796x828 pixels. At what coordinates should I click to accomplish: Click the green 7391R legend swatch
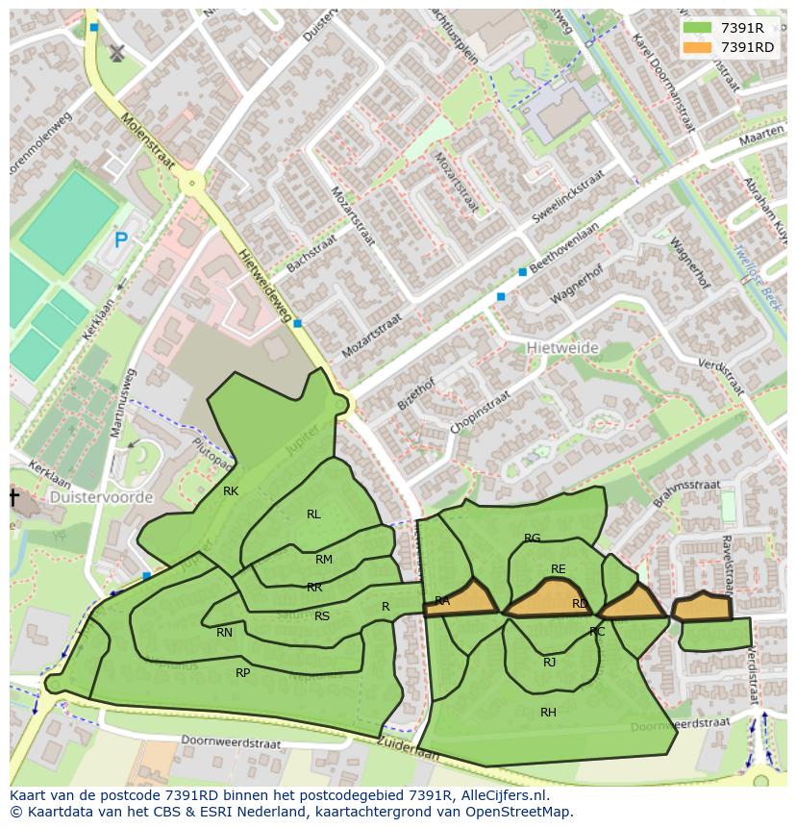tap(698, 28)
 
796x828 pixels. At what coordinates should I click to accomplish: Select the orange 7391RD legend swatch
tap(698, 46)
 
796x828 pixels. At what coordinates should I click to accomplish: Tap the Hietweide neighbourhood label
tap(562, 347)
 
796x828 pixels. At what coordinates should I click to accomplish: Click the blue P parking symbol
tap(120, 240)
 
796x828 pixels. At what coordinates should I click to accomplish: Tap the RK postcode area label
tap(231, 491)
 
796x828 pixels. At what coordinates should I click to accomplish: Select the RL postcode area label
tap(313, 514)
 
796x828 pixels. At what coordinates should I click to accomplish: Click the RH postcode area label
tap(548, 713)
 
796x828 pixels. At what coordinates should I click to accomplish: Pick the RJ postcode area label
tap(549, 662)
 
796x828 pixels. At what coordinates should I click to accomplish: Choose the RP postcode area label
tap(242, 673)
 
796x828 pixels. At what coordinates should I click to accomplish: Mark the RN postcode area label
tap(224, 633)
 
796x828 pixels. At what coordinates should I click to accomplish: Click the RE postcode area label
tap(558, 569)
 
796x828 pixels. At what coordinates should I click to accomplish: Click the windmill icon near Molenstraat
tap(117, 53)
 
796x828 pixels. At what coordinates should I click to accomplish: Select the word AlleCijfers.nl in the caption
tap(501, 795)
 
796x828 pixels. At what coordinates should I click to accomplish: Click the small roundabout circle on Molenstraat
tap(192, 182)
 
